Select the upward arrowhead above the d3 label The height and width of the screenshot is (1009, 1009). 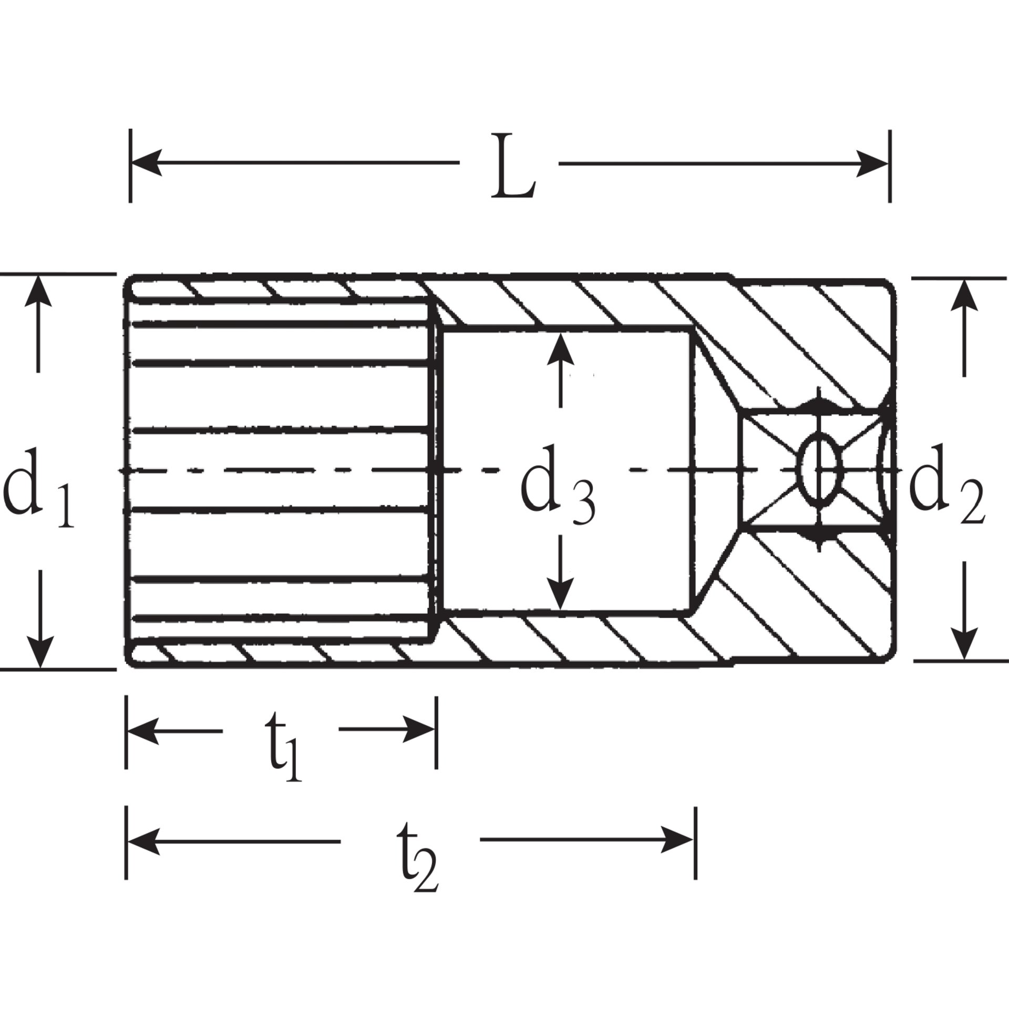561,348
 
